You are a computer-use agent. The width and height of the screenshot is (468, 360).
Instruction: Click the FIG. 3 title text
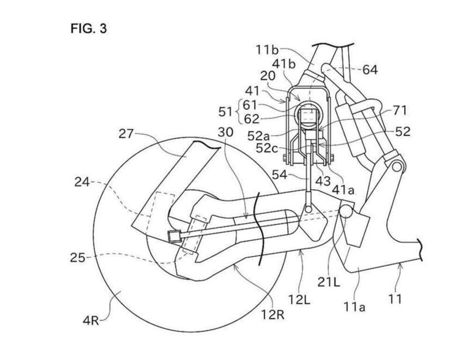(88, 29)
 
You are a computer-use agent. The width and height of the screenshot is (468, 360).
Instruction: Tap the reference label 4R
(91, 321)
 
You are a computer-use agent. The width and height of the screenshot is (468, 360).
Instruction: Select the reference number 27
(126, 134)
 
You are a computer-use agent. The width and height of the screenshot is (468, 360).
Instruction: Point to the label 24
(82, 182)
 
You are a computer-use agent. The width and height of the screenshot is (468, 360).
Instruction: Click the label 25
(78, 258)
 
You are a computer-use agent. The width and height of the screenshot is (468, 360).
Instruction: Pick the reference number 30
(225, 132)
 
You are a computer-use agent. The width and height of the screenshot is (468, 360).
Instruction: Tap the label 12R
(273, 314)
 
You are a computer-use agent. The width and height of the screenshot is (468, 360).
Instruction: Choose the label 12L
(300, 299)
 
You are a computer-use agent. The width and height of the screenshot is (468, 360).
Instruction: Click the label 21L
(329, 282)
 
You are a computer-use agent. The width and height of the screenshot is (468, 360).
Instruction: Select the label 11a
(355, 307)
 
